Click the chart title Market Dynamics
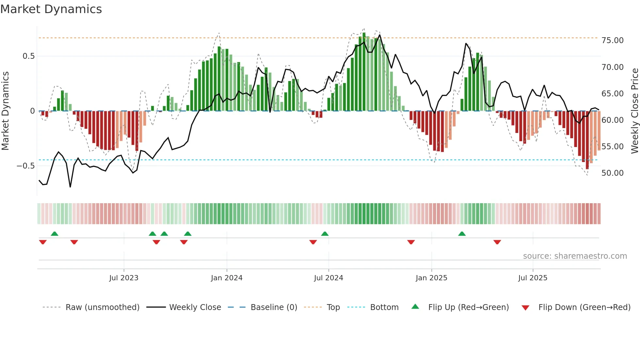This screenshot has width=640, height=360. [x=51, y=9]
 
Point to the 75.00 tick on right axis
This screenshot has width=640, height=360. [x=612, y=41]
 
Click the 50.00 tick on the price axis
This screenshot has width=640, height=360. [x=612, y=173]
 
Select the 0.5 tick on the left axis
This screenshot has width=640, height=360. [x=28, y=56]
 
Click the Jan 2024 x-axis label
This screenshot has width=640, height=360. [x=227, y=278]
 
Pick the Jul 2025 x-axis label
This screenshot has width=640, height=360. [x=533, y=278]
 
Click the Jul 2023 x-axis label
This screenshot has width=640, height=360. [x=124, y=278]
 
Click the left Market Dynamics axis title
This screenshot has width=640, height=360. [x=5, y=111]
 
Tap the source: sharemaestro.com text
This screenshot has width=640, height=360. [x=575, y=256]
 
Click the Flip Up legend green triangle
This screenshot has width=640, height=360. [x=415, y=306]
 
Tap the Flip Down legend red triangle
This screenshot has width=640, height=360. [x=525, y=308]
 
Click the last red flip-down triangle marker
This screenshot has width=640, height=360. [x=497, y=242]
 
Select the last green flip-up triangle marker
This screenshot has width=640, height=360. [x=462, y=234]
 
